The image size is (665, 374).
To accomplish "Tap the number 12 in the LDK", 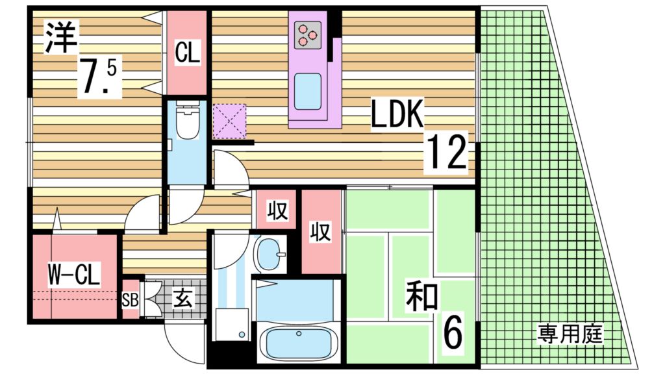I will (x=446, y=154).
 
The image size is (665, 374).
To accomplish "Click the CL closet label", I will (x=187, y=52).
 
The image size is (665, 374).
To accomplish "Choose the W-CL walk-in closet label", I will (x=73, y=276).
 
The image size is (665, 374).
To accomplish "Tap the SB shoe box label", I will (x=131, y=299).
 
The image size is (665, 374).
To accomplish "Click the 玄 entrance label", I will (x=181, y=299).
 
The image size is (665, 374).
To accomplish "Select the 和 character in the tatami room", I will (x=421, y=298).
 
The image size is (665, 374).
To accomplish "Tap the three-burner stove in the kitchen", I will (x=308, y=35).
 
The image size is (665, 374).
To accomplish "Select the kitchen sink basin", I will (x=308, y=92).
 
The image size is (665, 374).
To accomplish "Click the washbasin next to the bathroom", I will (x=268, y=254).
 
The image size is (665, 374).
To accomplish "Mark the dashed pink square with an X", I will (x=231, y=121).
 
